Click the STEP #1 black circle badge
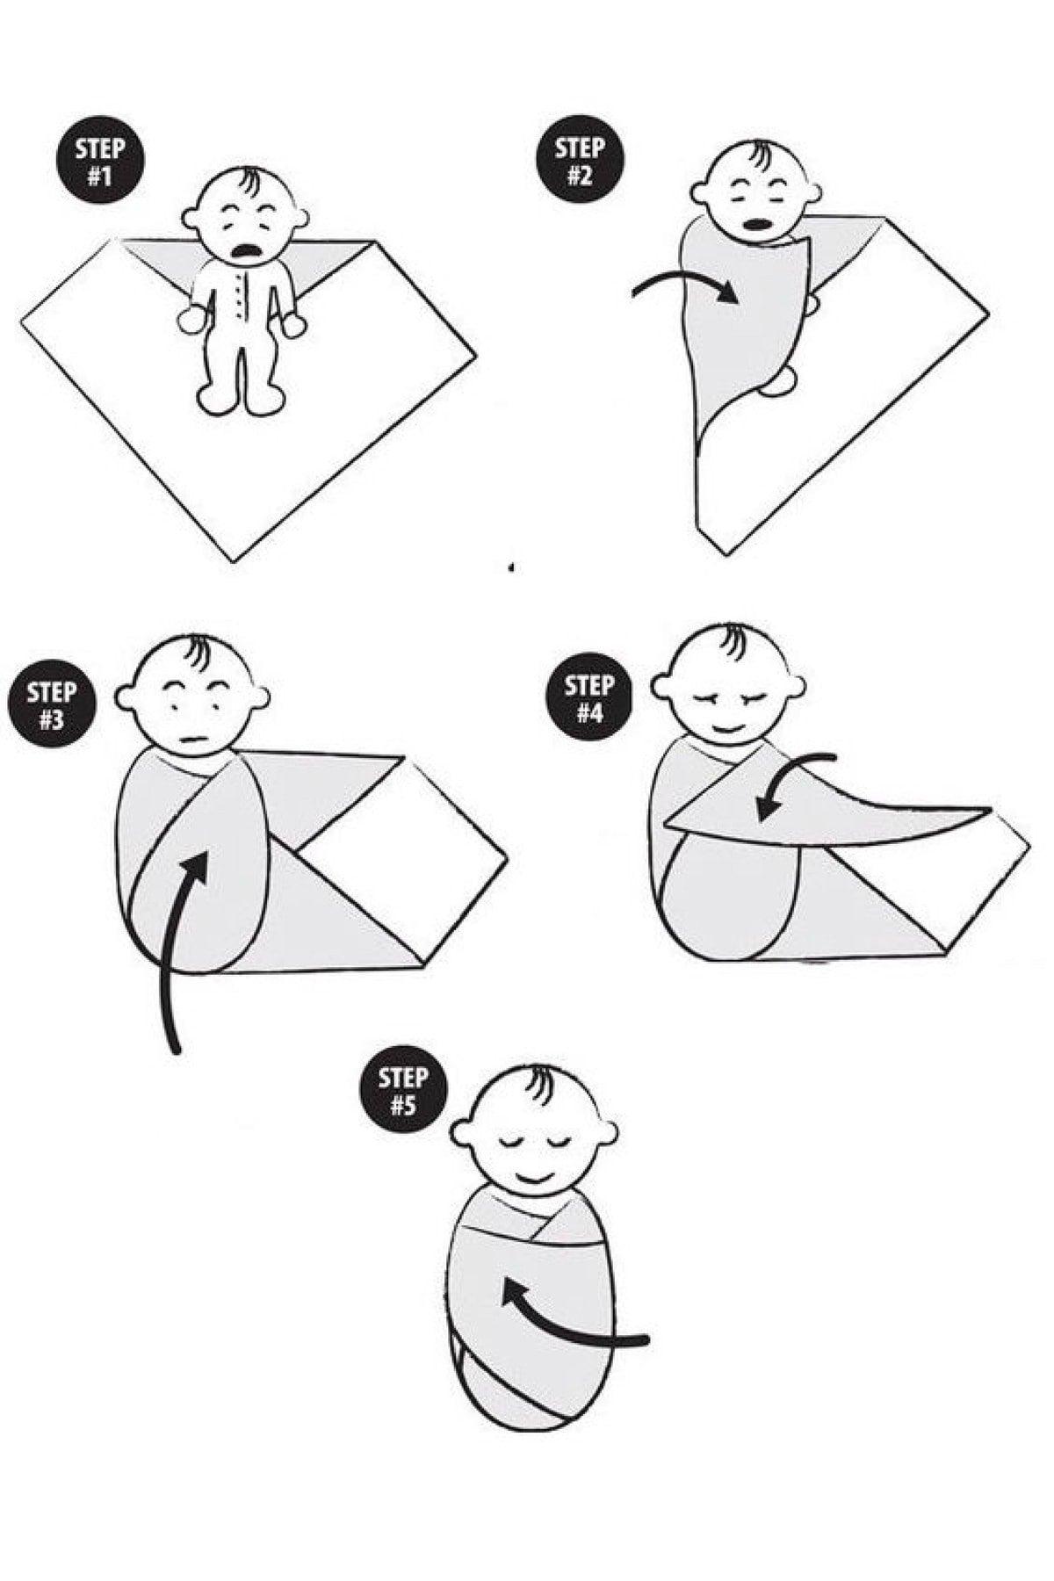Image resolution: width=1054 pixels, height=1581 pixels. coord(100,161)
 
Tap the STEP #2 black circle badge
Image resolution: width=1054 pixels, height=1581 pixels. coord(580,159)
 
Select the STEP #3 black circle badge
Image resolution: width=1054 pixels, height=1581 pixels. coord(51,705)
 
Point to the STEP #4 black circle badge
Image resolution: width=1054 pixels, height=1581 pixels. coord(589,698)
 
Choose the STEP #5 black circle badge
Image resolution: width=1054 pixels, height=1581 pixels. coord(403,1090)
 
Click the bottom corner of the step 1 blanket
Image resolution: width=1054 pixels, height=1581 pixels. coord(234,561)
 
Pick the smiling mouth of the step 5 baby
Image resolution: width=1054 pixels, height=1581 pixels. coord(535,1174)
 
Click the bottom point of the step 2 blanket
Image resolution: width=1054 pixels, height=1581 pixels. coord(726,554)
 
